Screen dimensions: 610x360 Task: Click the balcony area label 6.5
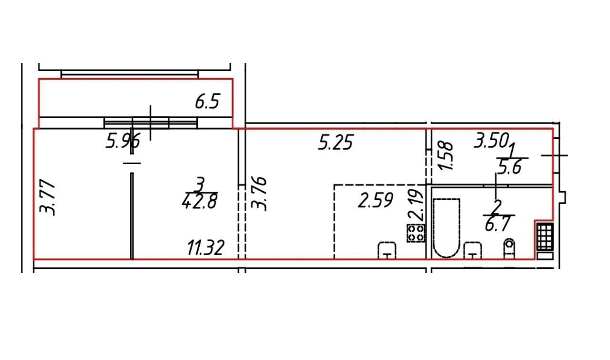coord(207,102)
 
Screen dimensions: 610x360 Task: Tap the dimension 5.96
coord(123,141)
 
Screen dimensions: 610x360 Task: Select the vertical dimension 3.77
coord(47,197)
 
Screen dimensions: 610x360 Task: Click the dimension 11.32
coord(206,248)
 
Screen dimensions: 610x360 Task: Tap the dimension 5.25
coord(336,142)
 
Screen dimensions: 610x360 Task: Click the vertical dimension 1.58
coord(446,156)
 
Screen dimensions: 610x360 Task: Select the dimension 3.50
coord(491,140)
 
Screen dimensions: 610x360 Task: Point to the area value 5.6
coord(509,166)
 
